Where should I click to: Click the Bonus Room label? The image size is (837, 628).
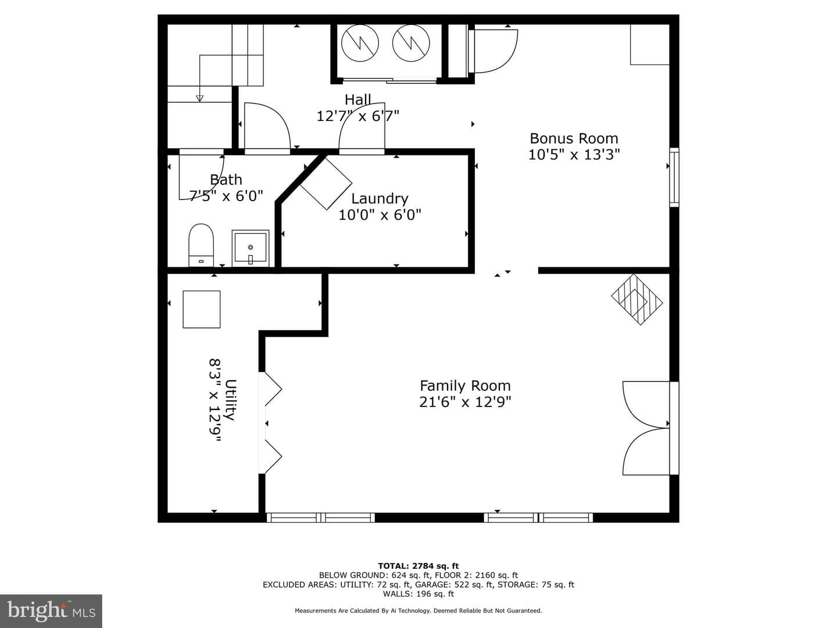(574, 138)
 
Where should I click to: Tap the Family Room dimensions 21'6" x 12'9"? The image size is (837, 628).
(465, 402)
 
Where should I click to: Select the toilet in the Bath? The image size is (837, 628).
(201, 245)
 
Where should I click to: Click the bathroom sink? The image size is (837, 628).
(250, 248)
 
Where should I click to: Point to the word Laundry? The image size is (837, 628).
(380, 199)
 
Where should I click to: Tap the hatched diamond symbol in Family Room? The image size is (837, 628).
(637, 299)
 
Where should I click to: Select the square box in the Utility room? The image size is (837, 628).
(201, 309)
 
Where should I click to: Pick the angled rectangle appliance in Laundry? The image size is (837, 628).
(326, 184)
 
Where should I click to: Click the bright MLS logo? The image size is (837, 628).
(51, 611)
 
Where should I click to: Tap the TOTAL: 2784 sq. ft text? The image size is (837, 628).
(419, 566)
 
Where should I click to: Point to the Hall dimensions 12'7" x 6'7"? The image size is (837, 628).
(357, 116)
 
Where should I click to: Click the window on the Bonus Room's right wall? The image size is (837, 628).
(674, 177)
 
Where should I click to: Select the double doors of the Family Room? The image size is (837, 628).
(647, 428)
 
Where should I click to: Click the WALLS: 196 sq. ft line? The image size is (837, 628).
(419, 594)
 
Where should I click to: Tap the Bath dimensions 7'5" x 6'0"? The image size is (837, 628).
(226, 196)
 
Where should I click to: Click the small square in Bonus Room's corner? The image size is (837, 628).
(650, 45)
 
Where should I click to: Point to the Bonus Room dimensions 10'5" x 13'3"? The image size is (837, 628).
(574, 155)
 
